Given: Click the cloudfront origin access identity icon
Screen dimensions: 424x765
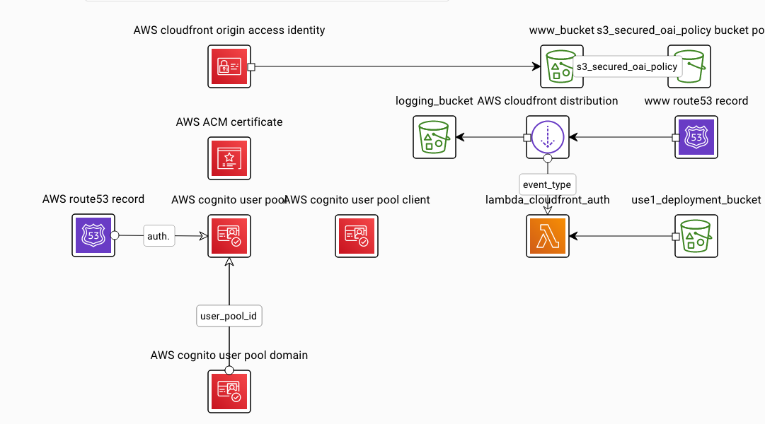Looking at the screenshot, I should tap(229, 66).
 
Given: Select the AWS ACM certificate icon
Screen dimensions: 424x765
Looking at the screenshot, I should tap(229, 158).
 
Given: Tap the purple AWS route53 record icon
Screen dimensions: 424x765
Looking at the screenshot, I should tap(94, 236).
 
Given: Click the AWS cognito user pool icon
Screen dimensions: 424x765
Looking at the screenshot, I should tap(229, 236).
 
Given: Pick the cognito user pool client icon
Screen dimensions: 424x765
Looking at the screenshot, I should tap(357, 236).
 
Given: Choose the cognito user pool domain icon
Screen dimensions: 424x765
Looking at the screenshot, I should tap(229, 391).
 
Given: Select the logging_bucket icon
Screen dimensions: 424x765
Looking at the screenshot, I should tap(435, 137).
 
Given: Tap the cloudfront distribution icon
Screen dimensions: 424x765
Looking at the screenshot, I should tap(548, 137).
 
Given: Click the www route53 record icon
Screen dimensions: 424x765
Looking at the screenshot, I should tap(696, 137).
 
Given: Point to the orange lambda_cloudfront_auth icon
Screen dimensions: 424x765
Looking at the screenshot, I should tap(548, 236).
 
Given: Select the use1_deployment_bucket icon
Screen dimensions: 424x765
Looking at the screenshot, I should tap(696, 236).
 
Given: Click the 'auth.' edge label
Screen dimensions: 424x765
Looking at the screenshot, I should tap(159, 236).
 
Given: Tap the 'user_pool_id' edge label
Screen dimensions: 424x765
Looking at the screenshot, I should tap(229, 316).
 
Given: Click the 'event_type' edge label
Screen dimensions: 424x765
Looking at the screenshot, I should tap(547, 184).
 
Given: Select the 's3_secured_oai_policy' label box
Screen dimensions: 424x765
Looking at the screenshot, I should tap(626, 66).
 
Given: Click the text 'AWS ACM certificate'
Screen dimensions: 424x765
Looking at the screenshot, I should tap(229, 122).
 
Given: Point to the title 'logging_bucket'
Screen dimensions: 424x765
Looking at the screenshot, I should tap(434, 101).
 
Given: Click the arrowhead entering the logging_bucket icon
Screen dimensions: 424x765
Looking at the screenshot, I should tap(461, 137).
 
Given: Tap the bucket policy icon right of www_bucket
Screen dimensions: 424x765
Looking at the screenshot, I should tap(689, 66).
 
